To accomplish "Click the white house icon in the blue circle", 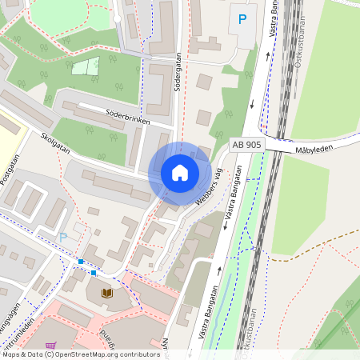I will (x=179, y=173).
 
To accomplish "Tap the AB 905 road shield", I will (x=246, y=144).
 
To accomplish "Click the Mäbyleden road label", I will (x=314, y=149).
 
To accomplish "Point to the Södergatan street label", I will (x=177, y=73).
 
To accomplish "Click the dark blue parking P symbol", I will (x=242, y=18).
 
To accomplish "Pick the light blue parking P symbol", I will (x=63, y=237).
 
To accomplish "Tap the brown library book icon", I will (x=107, y=294).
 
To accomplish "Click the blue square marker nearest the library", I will (x=94, y=273).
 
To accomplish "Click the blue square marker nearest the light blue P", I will (x=81, y=262).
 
